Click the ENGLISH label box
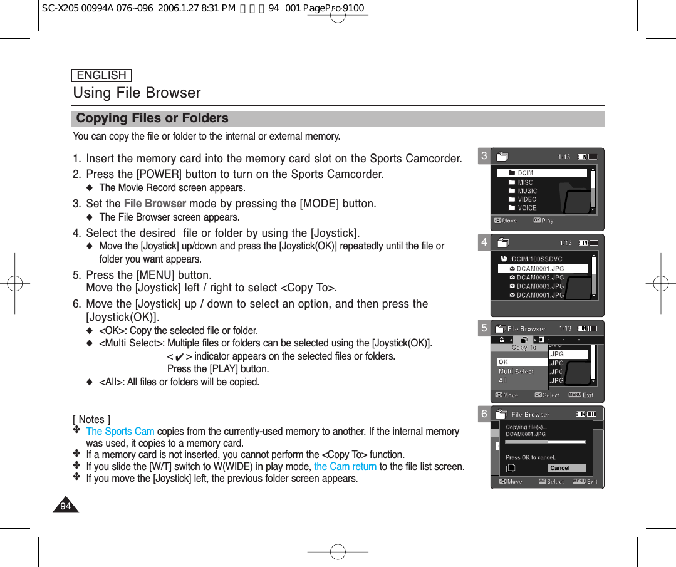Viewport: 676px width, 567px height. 101,75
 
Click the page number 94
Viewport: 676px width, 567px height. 65,506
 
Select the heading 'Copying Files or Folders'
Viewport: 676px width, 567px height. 152,118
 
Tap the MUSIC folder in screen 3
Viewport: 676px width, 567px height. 526,191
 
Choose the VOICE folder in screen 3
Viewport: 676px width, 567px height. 526,208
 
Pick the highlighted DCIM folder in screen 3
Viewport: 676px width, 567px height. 542,173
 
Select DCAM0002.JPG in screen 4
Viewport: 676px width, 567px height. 539,278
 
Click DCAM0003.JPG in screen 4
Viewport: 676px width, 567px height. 539,286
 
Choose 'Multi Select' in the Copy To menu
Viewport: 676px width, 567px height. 516,372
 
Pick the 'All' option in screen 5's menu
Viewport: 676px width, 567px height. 503,380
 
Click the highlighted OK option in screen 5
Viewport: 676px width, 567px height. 522,362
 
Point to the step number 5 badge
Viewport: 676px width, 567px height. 484,328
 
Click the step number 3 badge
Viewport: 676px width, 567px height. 484,156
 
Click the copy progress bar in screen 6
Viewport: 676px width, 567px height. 545,442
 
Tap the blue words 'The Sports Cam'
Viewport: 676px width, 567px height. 120,431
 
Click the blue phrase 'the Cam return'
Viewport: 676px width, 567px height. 345,467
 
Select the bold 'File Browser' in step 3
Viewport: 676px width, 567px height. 155,204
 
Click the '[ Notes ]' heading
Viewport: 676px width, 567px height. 91,419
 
